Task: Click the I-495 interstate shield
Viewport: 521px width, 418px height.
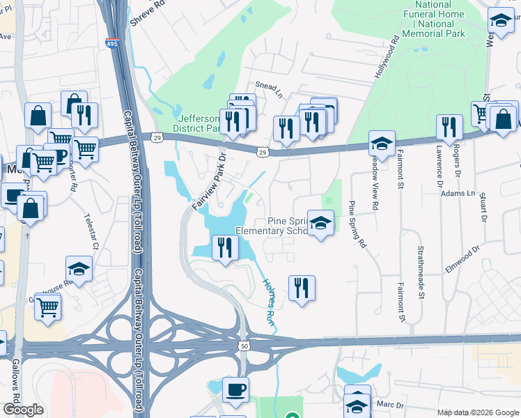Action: (x=111, y=44)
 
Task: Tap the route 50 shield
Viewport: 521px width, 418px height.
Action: (x=244, y=346)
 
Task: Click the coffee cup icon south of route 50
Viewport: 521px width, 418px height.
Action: (x=235, y=390)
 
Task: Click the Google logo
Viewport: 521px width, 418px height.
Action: (x=24, y=410)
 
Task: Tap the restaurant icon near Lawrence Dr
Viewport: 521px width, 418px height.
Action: (x=449, y=126)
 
